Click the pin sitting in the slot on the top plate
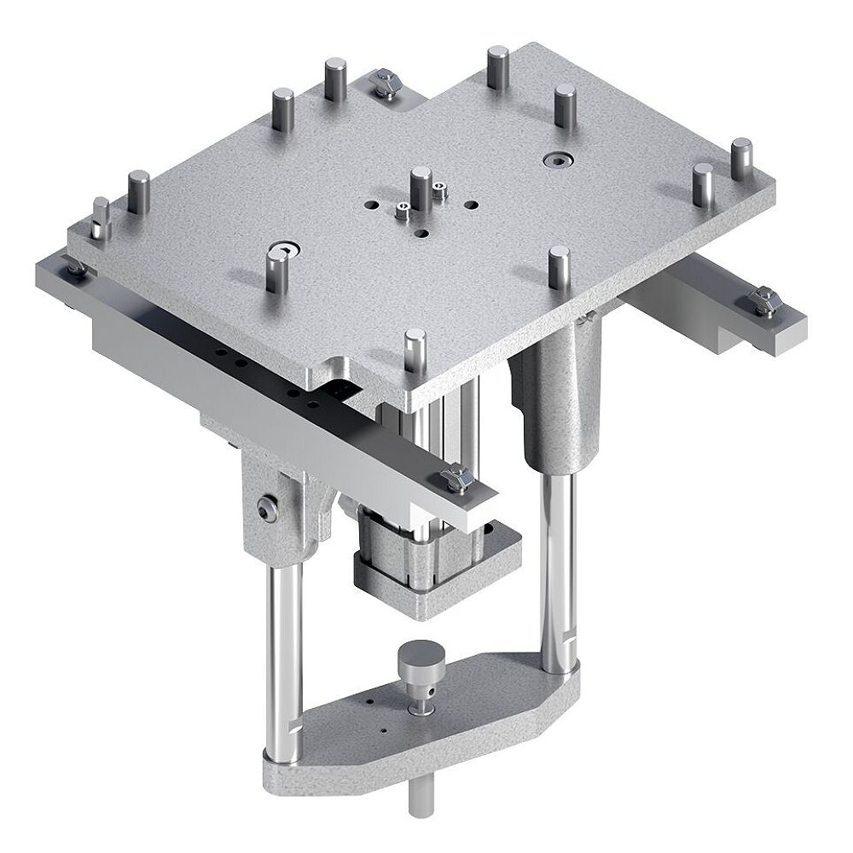276,266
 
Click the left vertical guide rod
285,648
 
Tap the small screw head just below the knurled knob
419,707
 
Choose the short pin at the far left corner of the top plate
101,218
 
